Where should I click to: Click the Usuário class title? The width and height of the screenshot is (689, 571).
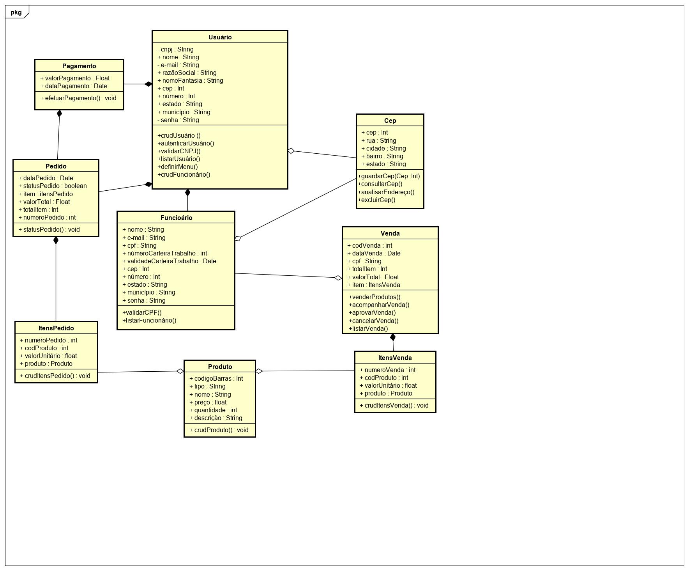pos(220,37)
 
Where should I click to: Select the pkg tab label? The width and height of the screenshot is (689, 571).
pos(16,12)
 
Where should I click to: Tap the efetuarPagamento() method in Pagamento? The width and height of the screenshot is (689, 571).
pos(78,98)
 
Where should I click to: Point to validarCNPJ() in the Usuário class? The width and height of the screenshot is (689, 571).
pos(179,151)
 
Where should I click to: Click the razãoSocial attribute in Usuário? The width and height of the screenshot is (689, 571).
pos(187,73)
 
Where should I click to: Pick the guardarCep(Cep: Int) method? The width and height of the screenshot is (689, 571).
pos(389,176)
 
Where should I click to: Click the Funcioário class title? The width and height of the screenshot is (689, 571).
pos(176,218)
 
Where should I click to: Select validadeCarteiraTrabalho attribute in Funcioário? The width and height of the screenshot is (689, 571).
pos(169,261)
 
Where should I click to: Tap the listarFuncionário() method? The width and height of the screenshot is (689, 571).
pos(149,320)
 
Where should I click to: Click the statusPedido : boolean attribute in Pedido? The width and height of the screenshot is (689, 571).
pos(53,186)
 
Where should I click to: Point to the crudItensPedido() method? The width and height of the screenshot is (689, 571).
pos(55,376)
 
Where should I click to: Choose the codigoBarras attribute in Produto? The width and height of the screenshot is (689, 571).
pos(216,378)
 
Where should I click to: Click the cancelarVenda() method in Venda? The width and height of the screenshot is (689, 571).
pos(374,321)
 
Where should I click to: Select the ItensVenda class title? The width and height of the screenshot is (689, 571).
pos(395,358)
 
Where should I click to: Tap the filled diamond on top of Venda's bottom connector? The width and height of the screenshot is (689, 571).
pos(393,337)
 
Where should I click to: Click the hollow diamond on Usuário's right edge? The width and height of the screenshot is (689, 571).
pos(291,151)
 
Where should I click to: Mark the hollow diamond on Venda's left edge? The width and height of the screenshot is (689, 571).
pos(338,278)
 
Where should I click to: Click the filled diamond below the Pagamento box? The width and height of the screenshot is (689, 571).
pos(59,113)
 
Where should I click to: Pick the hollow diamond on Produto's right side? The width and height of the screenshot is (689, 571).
pos(259,371)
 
